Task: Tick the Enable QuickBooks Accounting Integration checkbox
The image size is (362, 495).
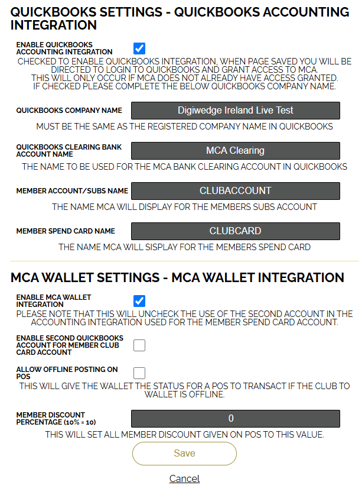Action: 139,48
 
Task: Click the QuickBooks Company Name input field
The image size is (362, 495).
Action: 235,111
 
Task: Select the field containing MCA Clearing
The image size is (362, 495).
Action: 235,151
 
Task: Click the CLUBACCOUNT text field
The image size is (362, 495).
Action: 235,191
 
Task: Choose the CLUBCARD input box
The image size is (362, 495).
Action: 235,231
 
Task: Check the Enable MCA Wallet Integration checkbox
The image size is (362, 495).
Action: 139,301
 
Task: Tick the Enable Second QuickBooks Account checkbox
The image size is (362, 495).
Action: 139,345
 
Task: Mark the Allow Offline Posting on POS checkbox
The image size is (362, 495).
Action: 139,373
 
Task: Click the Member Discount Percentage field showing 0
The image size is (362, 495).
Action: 235,419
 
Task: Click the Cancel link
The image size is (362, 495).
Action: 184,478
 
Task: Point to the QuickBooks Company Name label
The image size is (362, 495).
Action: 69,111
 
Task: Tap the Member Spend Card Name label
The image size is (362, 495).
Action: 66,231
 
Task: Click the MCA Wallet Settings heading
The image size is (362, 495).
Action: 177,277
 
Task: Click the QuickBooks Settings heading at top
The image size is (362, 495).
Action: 180,18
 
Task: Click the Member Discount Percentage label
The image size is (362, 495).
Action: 56,419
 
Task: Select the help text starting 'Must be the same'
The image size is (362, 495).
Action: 184,127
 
